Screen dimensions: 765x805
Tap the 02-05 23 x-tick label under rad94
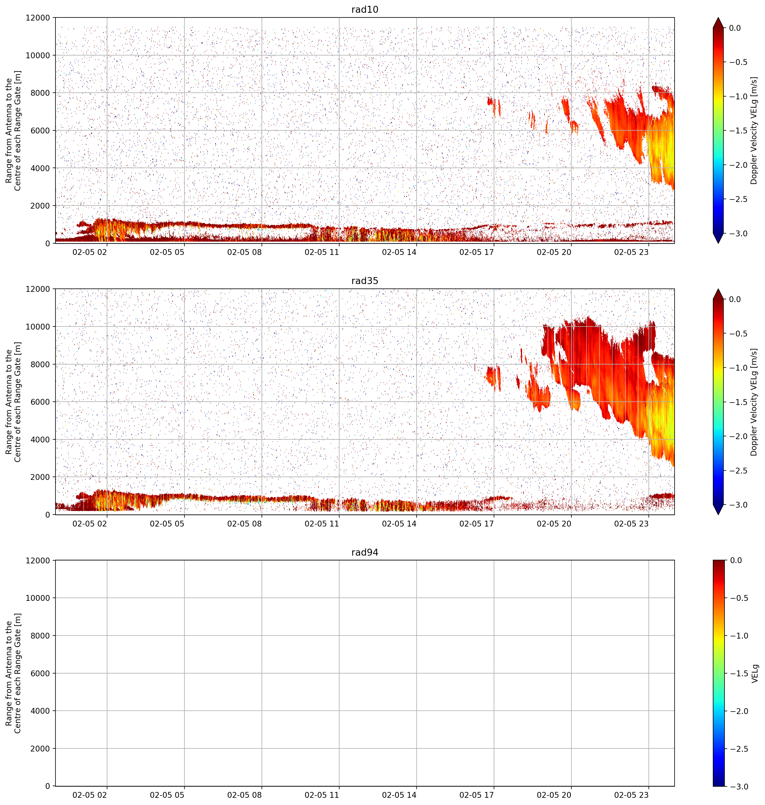click(x=631, y=795)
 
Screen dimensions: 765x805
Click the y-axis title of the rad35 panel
click(x=14, y=402)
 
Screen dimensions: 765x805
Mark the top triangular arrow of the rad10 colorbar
click(x=718, y=23)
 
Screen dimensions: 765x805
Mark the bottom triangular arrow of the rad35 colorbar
click(x=718, y=510)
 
